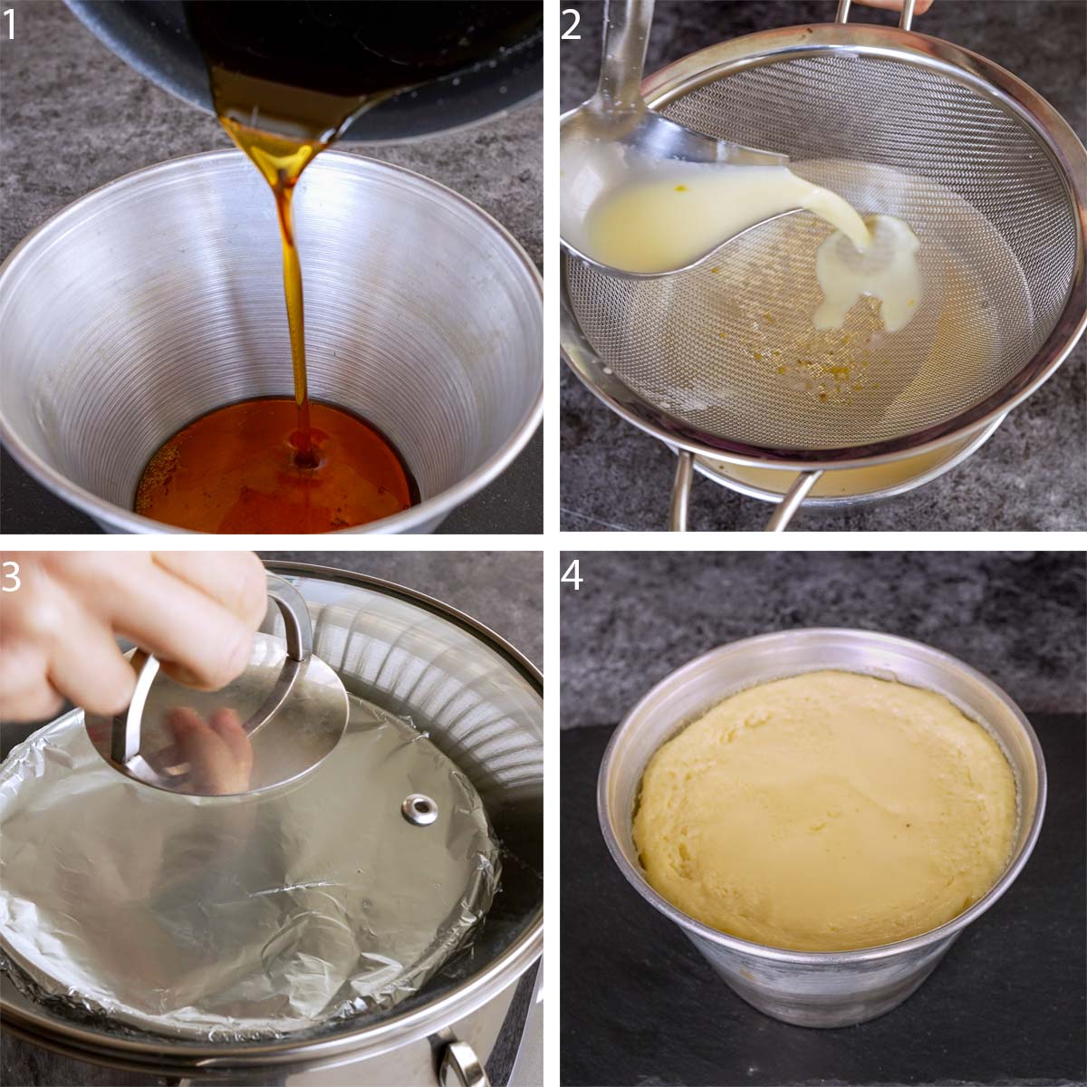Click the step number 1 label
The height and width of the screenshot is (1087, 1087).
coord(10,24)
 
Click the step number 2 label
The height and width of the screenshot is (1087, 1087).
coord(571,24)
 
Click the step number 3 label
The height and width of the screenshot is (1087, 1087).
coord(10,576)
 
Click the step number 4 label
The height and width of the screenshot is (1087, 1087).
coord(572,576)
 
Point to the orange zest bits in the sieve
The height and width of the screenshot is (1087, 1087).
coord(815,362)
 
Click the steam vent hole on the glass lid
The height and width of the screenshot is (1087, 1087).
coord(419,809)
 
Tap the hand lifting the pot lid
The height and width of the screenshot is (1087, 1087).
coord(109,625)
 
